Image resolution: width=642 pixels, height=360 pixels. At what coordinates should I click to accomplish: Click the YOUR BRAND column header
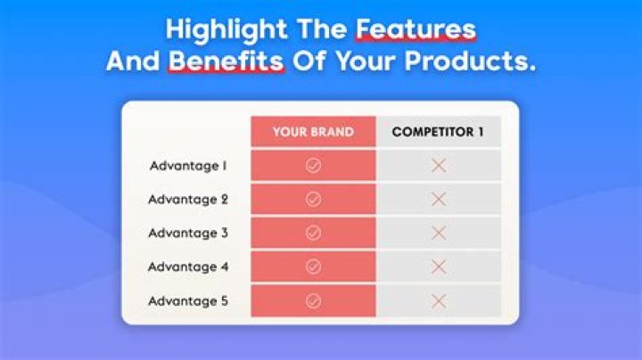[313, 132]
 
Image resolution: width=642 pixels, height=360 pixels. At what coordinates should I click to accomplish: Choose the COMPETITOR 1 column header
[438, 132]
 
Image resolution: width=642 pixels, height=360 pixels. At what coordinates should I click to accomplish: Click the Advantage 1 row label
[188, 166]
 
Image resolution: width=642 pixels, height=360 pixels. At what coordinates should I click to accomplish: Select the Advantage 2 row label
[188, 200]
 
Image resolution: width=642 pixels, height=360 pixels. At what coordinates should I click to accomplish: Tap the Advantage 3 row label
[188, 233]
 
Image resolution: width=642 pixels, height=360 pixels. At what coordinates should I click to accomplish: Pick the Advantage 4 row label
[188, 266]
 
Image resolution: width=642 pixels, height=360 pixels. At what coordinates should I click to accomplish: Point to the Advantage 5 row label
[188, 300]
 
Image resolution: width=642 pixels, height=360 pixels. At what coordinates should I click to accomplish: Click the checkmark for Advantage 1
[313, 166]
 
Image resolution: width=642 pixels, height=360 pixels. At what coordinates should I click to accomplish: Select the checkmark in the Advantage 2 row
[313, 200]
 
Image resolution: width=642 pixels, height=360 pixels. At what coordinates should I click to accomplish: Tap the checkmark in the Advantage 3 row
[313, 233]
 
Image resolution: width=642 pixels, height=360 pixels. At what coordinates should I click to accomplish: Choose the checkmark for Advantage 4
[313, 266]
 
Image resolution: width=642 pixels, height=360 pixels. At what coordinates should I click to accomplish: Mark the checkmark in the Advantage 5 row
[313, 300]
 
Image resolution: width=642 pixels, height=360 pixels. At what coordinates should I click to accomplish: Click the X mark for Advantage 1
[438, 166]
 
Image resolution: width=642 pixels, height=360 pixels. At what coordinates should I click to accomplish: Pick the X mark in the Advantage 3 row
[438, 233]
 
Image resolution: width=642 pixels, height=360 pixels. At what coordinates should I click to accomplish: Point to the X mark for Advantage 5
[438, 300]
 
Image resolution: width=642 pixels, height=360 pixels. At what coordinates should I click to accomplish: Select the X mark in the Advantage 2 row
[438, 200]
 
